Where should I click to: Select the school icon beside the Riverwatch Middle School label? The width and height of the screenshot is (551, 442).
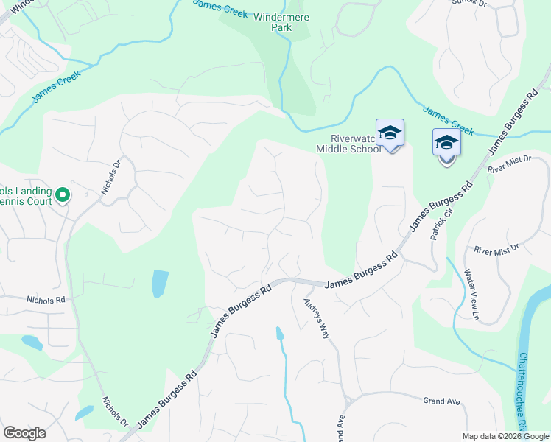click(x=390, y=134)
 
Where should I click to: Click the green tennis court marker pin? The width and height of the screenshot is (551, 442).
click(x=63, y=195)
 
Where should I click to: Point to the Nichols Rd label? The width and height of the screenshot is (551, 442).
click(x=46, y=300)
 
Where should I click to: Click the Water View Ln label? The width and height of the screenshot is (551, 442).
click(x=471, y=295)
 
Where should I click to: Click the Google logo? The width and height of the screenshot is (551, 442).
click(x=24, y=433)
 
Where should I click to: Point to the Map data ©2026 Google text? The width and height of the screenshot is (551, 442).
click(x=505, y=436)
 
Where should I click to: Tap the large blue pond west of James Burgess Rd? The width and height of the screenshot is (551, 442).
click(x=159, y=283)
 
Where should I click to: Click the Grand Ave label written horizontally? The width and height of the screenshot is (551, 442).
click(x=441, y=401)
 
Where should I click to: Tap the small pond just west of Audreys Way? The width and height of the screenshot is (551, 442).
click(x=280, y=334)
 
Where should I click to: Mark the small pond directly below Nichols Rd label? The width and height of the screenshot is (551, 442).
click(x=32, y=342)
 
